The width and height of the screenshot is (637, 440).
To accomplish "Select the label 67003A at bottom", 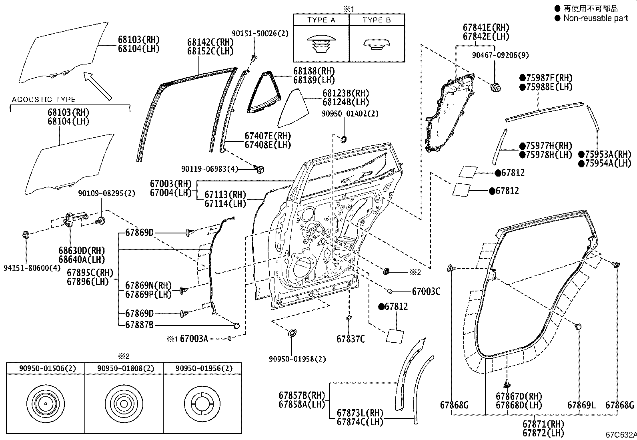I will [x=194, y=339].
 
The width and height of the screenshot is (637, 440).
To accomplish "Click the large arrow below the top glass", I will [x=97, y=85].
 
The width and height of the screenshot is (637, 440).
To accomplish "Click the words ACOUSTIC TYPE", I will [x=44, y=100].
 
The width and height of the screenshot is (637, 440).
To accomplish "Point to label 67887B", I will [x=139, y=325].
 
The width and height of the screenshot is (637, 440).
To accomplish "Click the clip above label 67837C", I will [x=349, y=318].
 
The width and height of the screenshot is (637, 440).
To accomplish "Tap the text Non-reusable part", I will [x=595, y=18].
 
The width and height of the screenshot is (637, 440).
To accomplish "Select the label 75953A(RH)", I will [x=608, y=155].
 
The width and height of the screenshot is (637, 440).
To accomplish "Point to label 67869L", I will [x=581, y=405].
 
